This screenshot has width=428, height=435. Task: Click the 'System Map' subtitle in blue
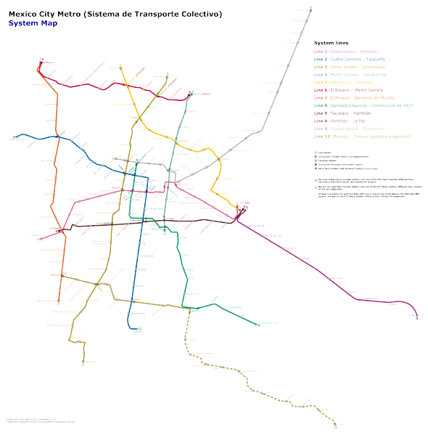coord(33,23)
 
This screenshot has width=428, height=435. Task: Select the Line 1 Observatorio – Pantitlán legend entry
coord(356,52)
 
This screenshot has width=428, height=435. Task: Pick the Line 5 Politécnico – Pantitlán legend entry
coord(353,82)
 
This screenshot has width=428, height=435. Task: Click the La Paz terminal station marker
coord(418,315)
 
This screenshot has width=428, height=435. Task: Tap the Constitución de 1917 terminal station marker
coord(258,325)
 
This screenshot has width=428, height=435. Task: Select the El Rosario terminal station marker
coord(41,62)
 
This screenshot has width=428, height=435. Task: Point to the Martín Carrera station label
coord(201,94)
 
